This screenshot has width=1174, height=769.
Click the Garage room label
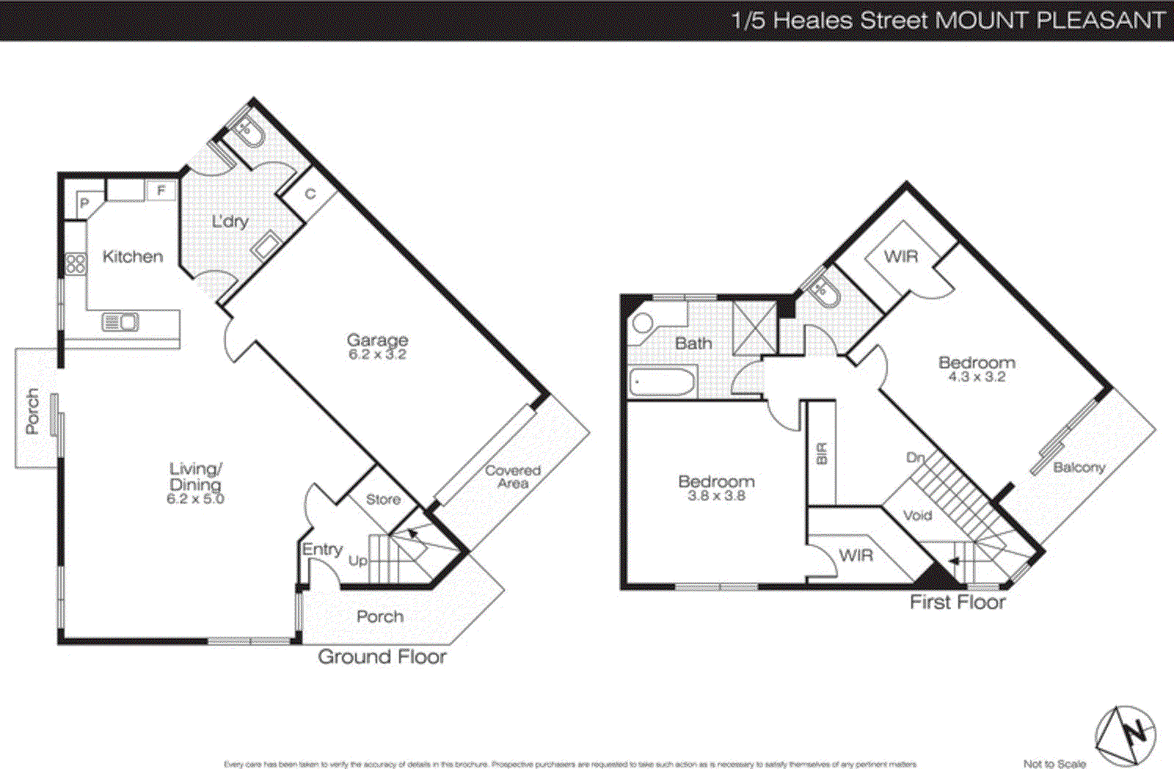point(377,340)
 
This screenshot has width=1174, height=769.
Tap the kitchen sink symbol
point(120,321)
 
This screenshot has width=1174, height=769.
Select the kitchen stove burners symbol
point(76,263)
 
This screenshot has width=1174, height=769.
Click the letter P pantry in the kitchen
point(84,203)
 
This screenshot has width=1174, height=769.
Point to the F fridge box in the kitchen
point(161,191)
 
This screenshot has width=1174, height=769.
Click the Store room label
point(383,499)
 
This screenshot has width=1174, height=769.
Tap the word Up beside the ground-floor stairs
point(357,561)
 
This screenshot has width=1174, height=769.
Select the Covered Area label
point(513,476)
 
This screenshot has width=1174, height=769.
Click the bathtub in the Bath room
point(662,382)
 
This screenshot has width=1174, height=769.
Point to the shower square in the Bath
point(754,327)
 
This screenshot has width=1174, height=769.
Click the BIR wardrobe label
point(822,453)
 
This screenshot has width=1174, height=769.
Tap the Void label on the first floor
point(917,515)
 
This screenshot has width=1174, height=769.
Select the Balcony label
point(1079,467)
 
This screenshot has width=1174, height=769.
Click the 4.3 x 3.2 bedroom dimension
point(977,377)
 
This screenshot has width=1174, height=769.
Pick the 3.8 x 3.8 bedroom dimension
point(716,496)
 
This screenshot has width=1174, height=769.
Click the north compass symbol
point(1126,735)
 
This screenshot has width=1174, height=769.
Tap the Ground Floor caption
point(382,656)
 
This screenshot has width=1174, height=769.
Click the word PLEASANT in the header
point(1100,20)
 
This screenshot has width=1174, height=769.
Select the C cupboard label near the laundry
point(310,194)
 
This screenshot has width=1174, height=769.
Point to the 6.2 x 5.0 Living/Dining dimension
point(195,499)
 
